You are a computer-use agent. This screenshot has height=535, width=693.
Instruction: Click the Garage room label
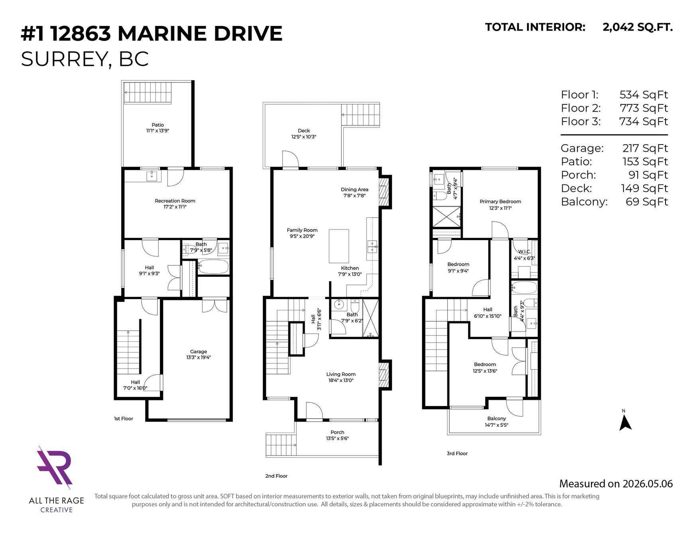pyautogui.click(x=199, y=351)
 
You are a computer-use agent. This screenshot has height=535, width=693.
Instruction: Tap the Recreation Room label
pyautogui.click(x=175, y=201)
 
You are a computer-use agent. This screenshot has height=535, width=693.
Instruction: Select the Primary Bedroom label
pyautogui.click(x=500, y=202)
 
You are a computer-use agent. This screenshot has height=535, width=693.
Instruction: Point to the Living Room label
pyautogui.click(x=341, y=374)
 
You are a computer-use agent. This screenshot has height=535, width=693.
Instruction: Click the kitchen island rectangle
pyautogui.click(x=339, y=246)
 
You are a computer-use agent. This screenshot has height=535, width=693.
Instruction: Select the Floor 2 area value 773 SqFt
pyautogui.click(x=644, y=108)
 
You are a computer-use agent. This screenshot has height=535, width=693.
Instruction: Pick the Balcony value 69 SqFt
pyautogui.click(x=647, y=202)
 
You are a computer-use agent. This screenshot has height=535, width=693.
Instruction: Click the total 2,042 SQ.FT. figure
pyautogui.click(x=638, y=27)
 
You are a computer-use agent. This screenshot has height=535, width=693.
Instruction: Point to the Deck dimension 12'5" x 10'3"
pyautogui.click(x=304, y=137)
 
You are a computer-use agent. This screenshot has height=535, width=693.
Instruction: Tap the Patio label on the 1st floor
pyautogui.click(x=158, y=125)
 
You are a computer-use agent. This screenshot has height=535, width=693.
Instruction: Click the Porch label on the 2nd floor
pyautogui.click(x=337, y=432)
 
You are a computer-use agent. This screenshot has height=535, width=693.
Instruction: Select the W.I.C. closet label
pyautogui.click(x=524, y=252)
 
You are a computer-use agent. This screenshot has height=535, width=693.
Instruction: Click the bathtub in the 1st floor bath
pyautogui.click(x=213, y=267)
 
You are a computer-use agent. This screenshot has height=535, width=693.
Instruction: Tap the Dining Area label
pyautogui.click(x=354, y=189)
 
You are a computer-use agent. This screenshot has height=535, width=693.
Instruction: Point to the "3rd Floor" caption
pyautogui.click(x=457, y=453)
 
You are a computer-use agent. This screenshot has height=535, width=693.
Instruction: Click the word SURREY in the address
pyautogui.click(x=64, y=59)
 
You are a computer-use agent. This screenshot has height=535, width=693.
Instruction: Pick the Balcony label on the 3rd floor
pyautogui.click(x=496, y=418)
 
